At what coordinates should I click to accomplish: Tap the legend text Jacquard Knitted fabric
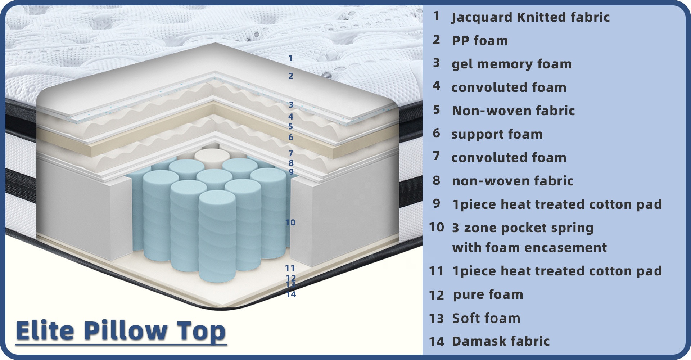(x=531, y=17)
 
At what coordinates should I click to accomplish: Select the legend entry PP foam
(x=480, y=41)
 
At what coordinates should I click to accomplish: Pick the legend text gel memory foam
(x=511, y=64)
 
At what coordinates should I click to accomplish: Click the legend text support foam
(x=497, y=134)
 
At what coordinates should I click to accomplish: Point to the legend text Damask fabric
(x=501, y=341)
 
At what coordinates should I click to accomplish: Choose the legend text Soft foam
(x=486, y=318)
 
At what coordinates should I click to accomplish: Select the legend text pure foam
(x=488, y=294)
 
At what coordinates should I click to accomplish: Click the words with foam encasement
(x=529, y=248)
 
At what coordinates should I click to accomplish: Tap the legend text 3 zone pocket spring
(x=523, y=228)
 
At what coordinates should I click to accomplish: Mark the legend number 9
(x=437, y=203)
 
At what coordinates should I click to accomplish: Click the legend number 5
(x=437, y=109)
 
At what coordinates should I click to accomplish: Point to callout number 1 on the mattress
(x=290, y=58)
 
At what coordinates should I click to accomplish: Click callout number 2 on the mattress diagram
(x=291, y=76)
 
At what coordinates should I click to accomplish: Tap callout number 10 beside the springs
(x=290, y=222)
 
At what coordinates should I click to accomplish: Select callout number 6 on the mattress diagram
(x=291, y=137)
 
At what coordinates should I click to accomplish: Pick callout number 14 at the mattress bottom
(x=291, y=294)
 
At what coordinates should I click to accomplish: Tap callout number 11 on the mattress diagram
(x=290, y=268)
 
